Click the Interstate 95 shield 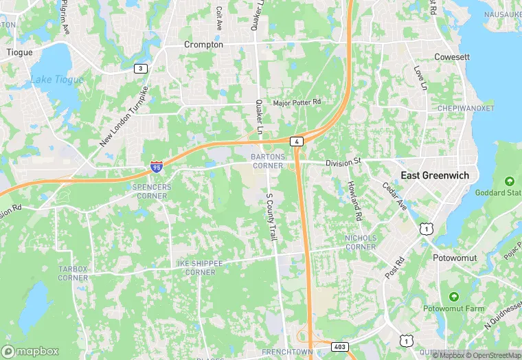pos(157,166)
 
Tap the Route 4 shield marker pos(296,142)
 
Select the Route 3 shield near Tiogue pos(140,69)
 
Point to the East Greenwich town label pos(435,175)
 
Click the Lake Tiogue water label pos(56,80)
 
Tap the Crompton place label pos(203,45)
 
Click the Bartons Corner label pos(267,161)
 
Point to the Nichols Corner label pos(361,242)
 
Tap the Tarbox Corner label pos(73,273)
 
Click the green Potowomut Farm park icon pos(453,296)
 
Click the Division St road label pos(343,162)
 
